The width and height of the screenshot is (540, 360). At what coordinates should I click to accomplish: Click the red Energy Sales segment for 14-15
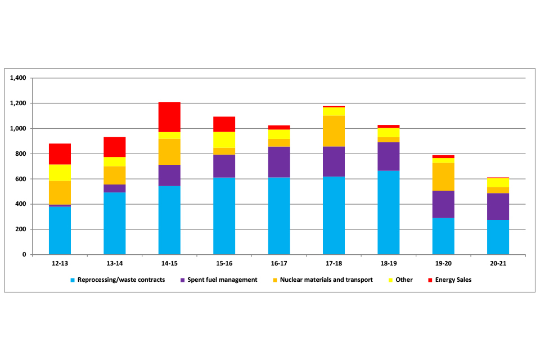click(169, 117)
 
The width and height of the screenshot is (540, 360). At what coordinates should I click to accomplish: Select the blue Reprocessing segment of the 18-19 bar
click(389, 213)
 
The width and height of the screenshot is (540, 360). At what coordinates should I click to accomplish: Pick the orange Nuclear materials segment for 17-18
click(334, 131)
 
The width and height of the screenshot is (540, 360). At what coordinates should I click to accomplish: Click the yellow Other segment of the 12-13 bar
click(60, 173)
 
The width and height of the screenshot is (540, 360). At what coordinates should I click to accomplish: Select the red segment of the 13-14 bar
click(115, 147)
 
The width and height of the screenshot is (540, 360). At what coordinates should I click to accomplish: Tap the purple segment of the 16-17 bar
click(279, 162)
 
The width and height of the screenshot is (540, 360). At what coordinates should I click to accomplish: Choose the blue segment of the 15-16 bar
click(224, 216)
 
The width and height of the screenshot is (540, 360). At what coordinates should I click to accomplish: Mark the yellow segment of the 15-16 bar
click(224, 140)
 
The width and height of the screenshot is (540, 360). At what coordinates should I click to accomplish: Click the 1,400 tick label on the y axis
click(19, 78)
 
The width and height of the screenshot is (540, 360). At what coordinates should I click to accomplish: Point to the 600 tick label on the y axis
click(21, 179)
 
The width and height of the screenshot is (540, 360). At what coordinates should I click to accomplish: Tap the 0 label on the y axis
click(25, 255)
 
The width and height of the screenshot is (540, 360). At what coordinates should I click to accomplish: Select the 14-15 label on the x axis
click(169, 263)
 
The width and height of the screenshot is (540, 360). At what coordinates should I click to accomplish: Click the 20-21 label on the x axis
click(498, 263)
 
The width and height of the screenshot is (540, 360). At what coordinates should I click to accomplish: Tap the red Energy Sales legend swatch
click(430, 280)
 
